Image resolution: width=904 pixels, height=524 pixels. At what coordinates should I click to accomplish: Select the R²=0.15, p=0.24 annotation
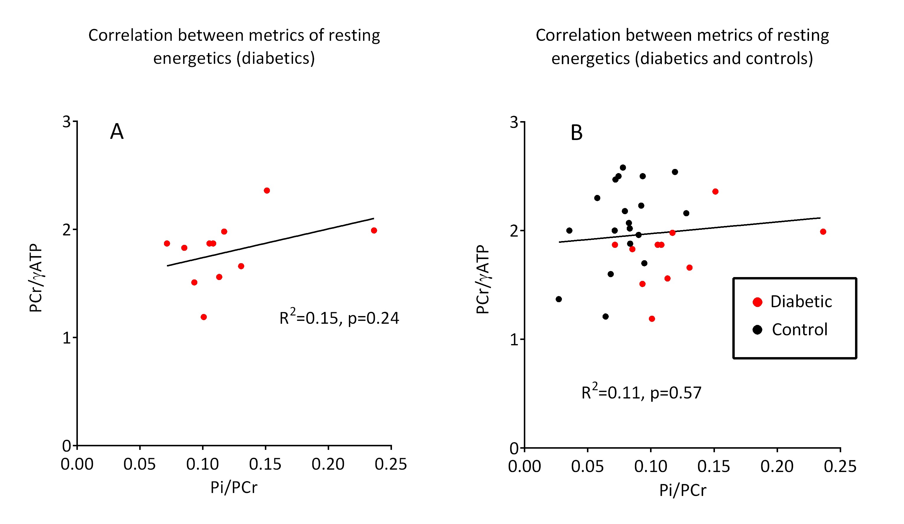pos(339,318)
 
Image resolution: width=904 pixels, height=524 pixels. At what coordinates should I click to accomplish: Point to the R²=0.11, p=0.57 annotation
pos(641,392)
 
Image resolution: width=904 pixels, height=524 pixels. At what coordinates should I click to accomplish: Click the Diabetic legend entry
pos(801,302)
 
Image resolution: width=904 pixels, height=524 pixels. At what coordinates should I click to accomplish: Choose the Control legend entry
pos(799,330)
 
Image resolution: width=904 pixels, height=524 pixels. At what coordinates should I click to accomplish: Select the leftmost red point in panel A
pos(167,243)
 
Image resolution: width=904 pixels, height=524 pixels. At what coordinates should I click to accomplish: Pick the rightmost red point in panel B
pos(823,232)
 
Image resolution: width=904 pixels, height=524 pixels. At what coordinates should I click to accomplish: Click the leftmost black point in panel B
pos(559,299)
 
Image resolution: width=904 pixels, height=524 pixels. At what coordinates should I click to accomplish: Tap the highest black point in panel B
pos(623,168)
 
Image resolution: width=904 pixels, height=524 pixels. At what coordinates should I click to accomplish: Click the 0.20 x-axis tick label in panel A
pos(328,464)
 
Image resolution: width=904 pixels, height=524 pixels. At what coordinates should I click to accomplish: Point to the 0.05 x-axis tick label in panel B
pos(587,466)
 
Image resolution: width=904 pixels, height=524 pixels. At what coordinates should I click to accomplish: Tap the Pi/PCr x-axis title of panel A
pos(234,487)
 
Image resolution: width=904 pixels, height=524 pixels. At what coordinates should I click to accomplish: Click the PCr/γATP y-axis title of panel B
pos(483,279)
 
